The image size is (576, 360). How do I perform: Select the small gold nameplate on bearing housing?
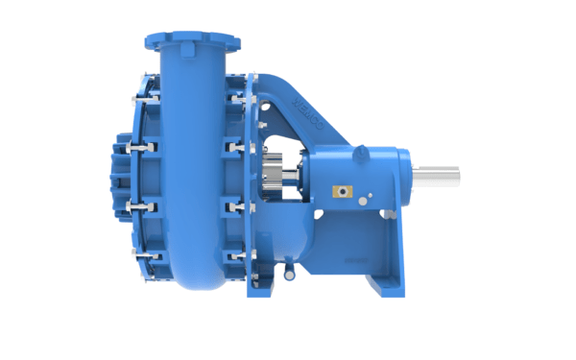[x=338, y=191]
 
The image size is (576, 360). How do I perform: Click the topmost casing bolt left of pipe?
[x=144, y=97]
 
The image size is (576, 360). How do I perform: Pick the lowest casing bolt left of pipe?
[x=144, y=256]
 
